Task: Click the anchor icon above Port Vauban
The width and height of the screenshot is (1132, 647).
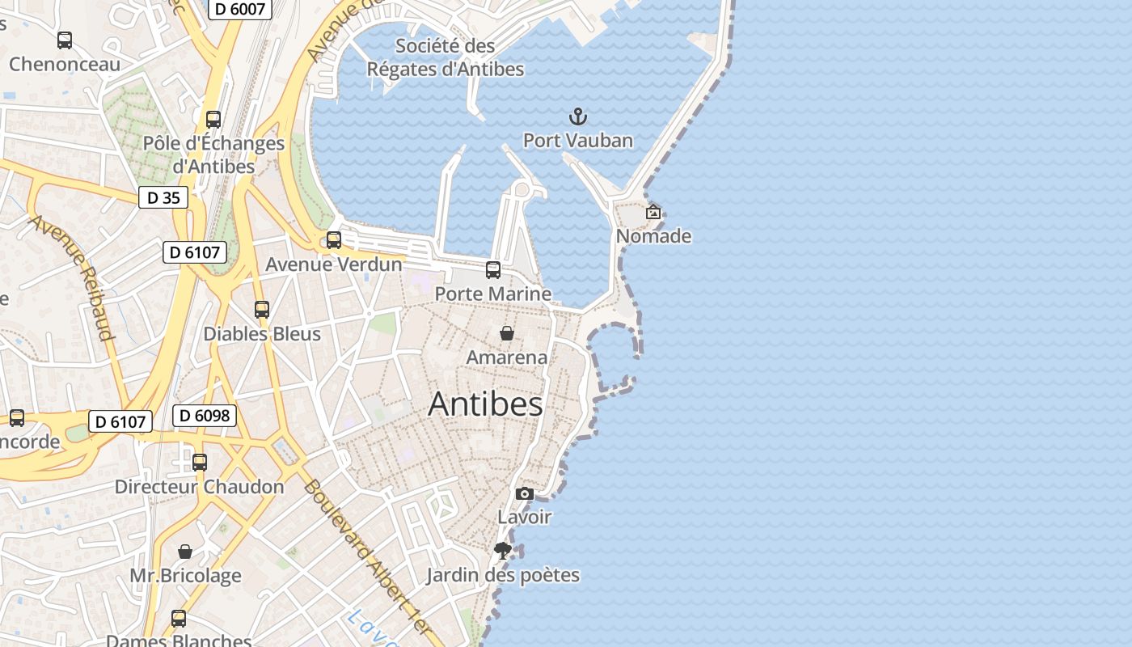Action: pos(577,117)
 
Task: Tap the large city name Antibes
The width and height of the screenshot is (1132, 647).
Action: pos(485,404)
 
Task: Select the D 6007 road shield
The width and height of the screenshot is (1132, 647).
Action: pos(240,9)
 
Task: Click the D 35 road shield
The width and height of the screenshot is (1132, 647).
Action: pos(163,197)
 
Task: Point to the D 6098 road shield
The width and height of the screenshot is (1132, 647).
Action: pos(205,416)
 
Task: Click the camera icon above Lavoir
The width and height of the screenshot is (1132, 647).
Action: pos(525,493)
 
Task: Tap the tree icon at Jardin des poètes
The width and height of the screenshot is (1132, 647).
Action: pos(503,552)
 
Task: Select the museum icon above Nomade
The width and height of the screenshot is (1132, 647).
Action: pos(653,213)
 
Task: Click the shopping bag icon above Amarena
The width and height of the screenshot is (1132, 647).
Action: pos(506,333)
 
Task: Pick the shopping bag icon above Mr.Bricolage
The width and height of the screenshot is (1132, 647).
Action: pos(185,552)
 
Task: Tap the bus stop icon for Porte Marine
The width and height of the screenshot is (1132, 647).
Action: pos(493,270)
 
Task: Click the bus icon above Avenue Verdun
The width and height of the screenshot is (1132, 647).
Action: pos(334,240)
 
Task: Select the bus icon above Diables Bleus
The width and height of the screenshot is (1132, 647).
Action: pos(262,310)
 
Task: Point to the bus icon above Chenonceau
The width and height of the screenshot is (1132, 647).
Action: pos(65,40)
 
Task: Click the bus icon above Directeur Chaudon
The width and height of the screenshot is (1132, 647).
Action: pos(200,463)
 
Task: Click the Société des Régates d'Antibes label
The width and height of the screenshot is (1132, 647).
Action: pos(446,57)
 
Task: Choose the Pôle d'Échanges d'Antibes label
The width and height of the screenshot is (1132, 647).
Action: pos(214,154)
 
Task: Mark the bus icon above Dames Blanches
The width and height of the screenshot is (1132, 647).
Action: pos(179,619)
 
